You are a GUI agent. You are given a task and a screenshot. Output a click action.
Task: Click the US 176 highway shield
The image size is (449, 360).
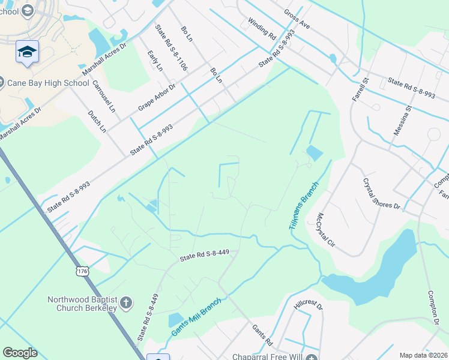pos(82,272)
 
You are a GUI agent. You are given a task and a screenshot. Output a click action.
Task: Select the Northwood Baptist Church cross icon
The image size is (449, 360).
pos(126,303)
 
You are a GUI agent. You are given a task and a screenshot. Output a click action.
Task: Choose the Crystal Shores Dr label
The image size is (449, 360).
pos(381,194)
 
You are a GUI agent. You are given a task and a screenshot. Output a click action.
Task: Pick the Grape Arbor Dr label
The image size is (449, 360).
pos(156,97)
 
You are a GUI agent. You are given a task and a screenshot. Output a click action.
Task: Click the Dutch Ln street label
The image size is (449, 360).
pos(97,121)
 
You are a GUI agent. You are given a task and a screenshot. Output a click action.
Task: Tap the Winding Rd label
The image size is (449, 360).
pos(261,28)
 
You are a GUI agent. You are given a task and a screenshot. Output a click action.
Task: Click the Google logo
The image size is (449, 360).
pos(20,353)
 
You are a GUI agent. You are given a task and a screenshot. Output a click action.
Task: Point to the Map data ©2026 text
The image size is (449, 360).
pos(423,355)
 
